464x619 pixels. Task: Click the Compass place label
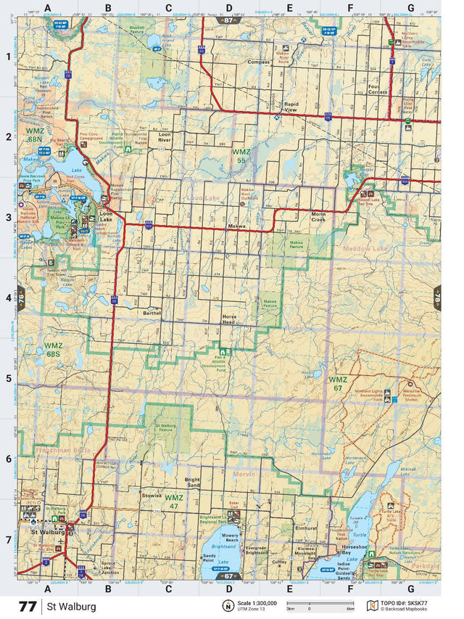(x=258, y=62)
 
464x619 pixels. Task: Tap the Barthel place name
(x=152, y=313)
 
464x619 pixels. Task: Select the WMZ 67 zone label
(x=338, y=384)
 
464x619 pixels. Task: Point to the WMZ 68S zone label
(x=53, y=350)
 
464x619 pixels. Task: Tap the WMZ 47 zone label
(x=173, y=501)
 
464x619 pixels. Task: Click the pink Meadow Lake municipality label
(x=366, y=250)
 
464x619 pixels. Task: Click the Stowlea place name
(x=152, y=496)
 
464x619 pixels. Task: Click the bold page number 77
(x=28, y=606)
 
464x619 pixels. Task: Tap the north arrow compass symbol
(x=228, y=606)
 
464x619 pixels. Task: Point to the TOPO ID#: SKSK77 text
(x=415, y=602)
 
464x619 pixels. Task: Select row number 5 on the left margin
(x=9, y=378)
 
